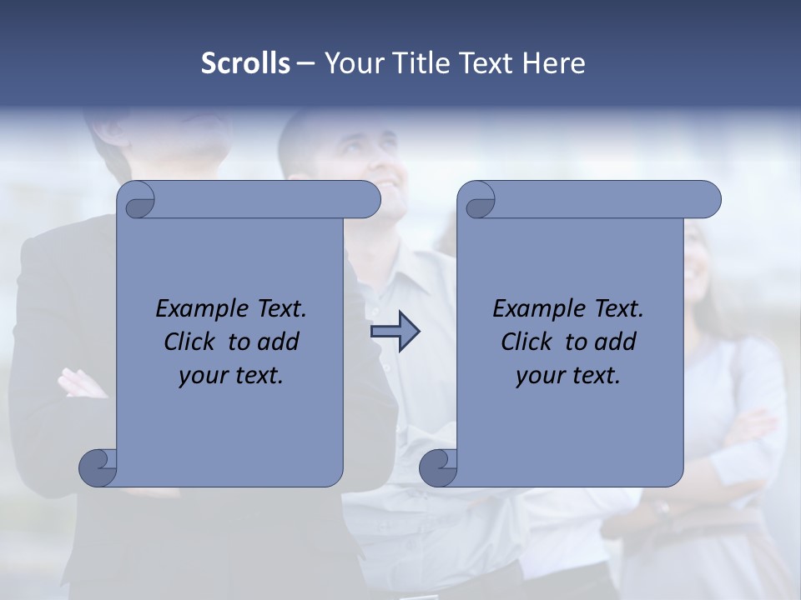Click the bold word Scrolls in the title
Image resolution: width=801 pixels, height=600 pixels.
tap(245, 63)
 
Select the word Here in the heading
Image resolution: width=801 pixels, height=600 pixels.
tap(554, 63)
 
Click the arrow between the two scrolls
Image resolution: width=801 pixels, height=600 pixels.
tap(395, 332)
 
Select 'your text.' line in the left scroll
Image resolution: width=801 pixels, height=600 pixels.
tap(231, 376)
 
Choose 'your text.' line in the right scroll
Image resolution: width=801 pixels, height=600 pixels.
tap(568, 376)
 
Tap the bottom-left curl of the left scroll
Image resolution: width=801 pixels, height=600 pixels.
tap(98, 467)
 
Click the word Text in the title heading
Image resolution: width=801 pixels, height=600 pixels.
tap(484, 63)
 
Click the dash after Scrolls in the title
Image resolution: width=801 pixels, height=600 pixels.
tap(305, 63)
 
